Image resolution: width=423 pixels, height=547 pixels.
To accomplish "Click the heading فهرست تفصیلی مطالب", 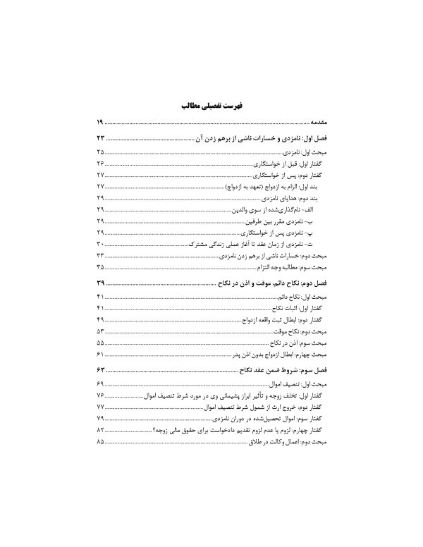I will (211, 106).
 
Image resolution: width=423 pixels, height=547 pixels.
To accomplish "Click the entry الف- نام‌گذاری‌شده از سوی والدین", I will (280, 211).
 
